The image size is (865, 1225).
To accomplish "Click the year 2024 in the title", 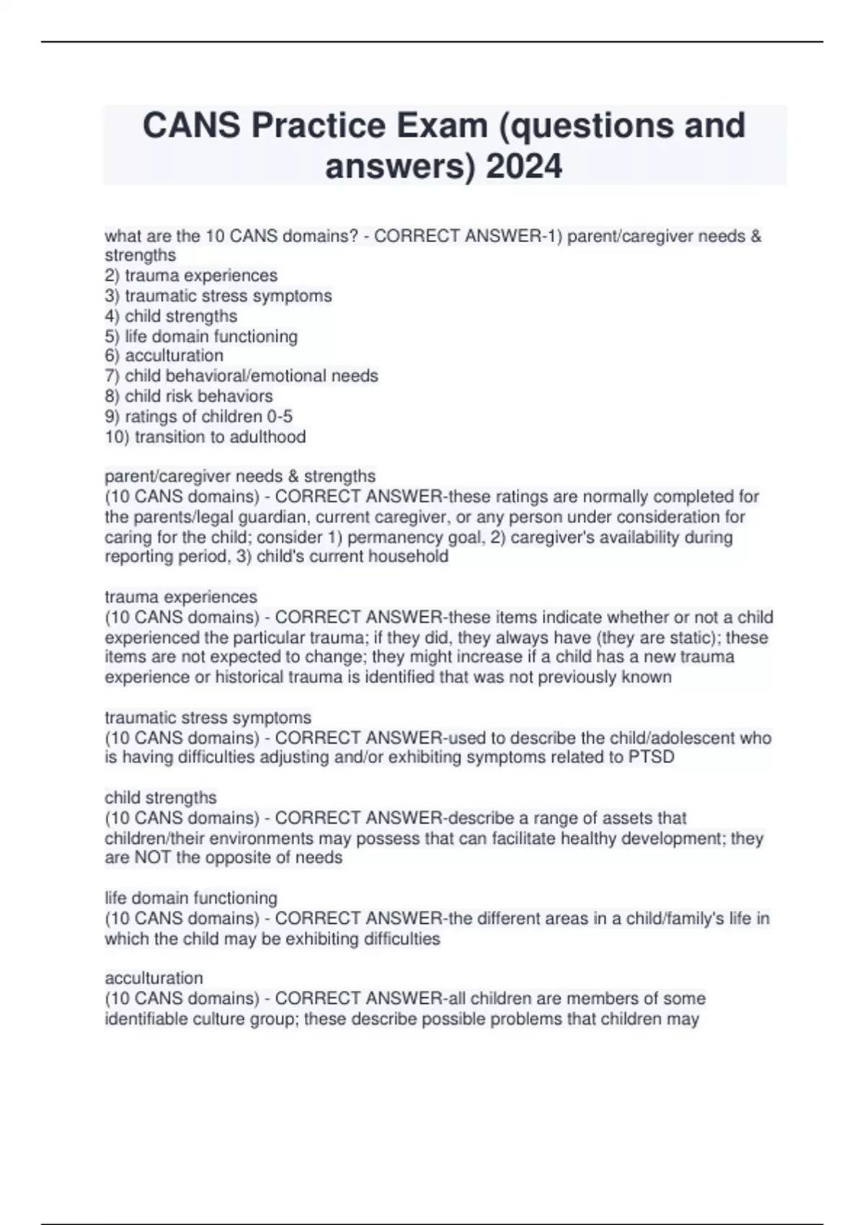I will [524, 166].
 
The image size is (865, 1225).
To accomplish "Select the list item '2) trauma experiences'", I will [191, 275].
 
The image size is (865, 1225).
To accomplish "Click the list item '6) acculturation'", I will [164, 355].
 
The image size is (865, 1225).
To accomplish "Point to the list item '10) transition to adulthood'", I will [205, 437].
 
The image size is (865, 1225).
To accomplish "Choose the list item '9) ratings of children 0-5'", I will [199, 416].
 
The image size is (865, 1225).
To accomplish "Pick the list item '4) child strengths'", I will [171, 316].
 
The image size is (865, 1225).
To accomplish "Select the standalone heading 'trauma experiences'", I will [181, 597].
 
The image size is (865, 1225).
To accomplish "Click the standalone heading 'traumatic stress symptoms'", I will [208, 718].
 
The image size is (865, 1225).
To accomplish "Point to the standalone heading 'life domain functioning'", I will [191, 898].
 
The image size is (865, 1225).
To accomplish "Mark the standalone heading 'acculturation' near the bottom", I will [154, 978].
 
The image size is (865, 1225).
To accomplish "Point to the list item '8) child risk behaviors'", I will [189, 396].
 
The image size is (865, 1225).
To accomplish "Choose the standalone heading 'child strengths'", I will [161, 798].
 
